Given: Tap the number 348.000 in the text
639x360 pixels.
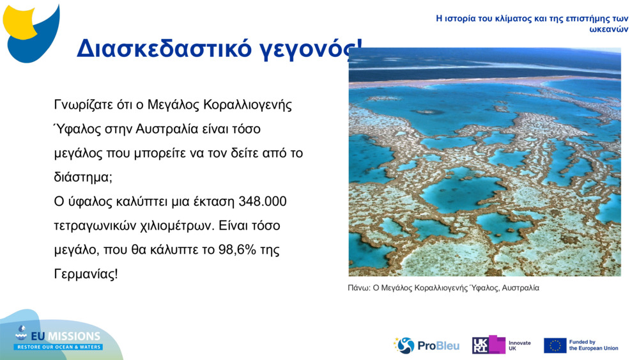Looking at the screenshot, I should [262, 201].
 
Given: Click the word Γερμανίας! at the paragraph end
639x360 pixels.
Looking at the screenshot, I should [86, 274].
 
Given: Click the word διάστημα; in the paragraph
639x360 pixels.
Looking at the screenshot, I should [83, 177].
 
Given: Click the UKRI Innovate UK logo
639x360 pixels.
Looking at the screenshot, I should [502, 345].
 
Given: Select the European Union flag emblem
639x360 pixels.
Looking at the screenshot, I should [555, 345].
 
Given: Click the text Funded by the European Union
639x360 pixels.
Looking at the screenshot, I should [594, 345].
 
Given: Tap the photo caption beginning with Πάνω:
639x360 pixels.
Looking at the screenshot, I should [443, 288].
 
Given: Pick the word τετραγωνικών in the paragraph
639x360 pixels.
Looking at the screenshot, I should [91, 226].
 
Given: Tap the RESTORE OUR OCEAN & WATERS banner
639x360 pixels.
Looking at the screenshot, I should [59, 347].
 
